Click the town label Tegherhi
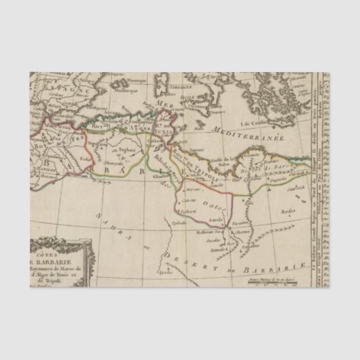189,211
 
